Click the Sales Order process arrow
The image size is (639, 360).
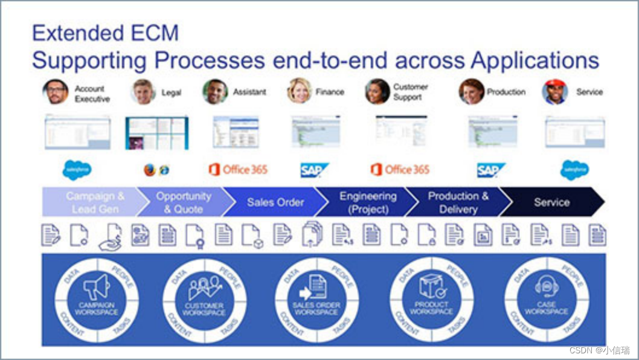[275, 202]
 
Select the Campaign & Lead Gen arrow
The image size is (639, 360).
[95, 202]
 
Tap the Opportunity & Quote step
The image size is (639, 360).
[184, 202]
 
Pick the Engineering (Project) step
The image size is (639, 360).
[368, 202]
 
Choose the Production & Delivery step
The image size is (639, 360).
[458, 202]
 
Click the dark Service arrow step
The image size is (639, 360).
[551, 202]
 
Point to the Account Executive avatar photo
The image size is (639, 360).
[55, 92]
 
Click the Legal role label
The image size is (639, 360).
[172, 92]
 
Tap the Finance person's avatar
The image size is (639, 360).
[299, 91]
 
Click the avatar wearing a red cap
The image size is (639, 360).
[554, 92]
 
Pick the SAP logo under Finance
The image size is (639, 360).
[315, 170]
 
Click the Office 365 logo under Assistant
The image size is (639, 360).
[238, 170]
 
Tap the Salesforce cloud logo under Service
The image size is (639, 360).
[574, 170]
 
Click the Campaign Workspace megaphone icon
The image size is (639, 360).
[97, 286]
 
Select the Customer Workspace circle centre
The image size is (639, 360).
[205, 300]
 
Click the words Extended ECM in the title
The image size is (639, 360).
[105, 33]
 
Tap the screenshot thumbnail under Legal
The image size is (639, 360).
[156, 133]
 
